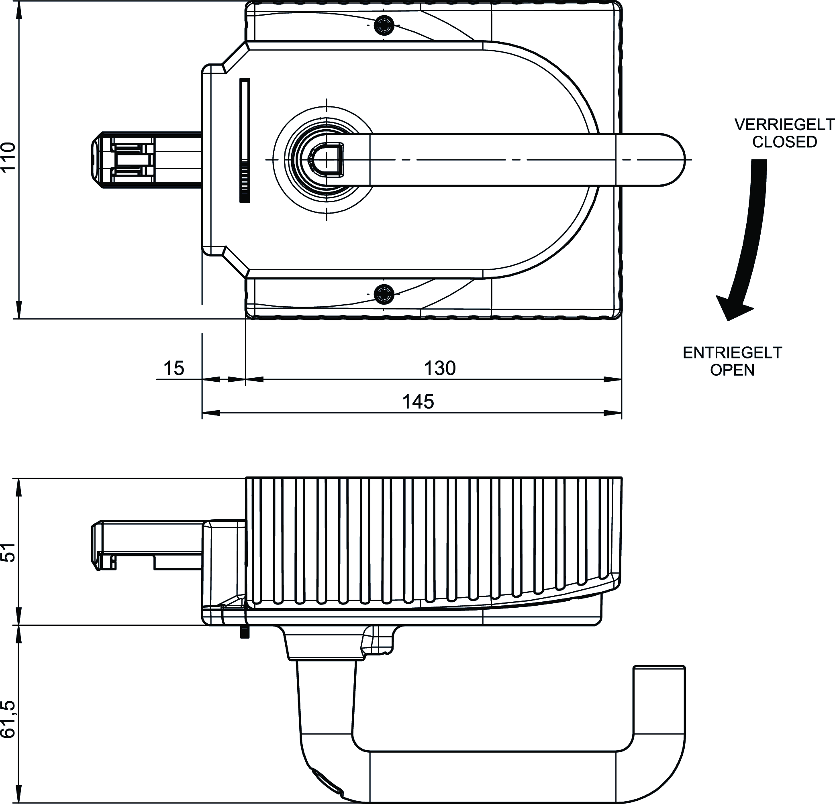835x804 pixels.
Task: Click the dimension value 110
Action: click(x=8, y=157)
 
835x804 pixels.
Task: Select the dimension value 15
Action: click(x=174, y=368)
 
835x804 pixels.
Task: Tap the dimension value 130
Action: click(x=440, y=368)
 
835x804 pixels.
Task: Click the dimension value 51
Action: click(x=8, y=552)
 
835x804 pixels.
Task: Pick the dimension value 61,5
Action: click(x=8, y=719)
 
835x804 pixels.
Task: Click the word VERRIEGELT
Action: click(x=784, y=125)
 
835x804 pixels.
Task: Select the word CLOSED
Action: click(x=784, y=142)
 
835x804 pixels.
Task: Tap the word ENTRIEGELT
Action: click(x=732, y=353)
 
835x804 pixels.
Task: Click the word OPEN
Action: click(x=732, y=370)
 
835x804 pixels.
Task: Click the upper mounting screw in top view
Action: click(x=384, y=26)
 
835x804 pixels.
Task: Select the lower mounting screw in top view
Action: click(x=384, y=294)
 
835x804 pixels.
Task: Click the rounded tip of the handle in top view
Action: click(x=673, y=160)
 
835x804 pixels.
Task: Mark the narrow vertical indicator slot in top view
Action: click(x=245, y=140)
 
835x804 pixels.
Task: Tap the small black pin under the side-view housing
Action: click(x=244, y=632)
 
